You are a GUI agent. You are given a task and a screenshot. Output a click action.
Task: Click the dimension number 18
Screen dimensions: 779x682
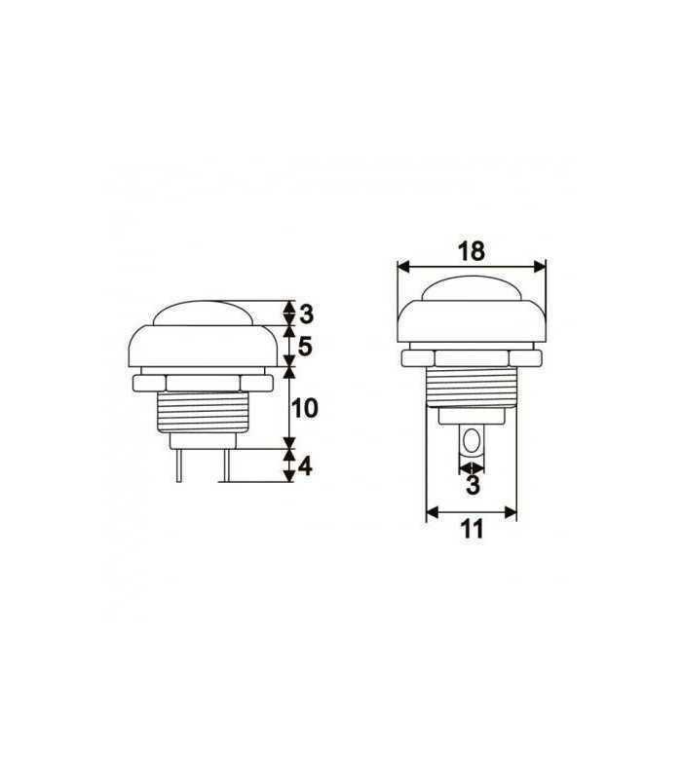click(x=471, y=250)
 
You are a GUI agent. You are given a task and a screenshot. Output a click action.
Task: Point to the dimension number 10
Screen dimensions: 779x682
click(x=305, y=408)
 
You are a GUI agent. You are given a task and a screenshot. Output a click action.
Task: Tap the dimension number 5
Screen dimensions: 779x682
click(x=305, y=346)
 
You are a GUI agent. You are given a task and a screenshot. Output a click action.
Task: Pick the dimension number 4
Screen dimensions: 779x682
click(x=305, y=466)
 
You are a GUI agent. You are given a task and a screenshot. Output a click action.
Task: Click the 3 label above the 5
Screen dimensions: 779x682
click(x=305, y=314)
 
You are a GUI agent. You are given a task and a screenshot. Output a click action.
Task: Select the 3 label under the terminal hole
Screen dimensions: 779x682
click(x=472, y=485)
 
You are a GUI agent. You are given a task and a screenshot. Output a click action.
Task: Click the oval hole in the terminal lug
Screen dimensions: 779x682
click(x=472, y=443)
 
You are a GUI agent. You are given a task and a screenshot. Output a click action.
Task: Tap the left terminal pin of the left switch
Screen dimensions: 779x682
click(x=179, y=465)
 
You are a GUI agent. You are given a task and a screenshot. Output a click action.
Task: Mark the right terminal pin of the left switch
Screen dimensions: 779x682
click(x=225, y=465)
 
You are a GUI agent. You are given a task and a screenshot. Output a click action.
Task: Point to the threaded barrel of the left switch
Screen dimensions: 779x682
click(x=202, y=415)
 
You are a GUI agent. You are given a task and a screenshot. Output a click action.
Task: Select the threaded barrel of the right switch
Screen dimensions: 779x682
click(x=472, y=386)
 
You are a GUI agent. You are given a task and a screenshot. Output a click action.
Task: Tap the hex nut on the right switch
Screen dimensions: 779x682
click(x=472, y=358)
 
